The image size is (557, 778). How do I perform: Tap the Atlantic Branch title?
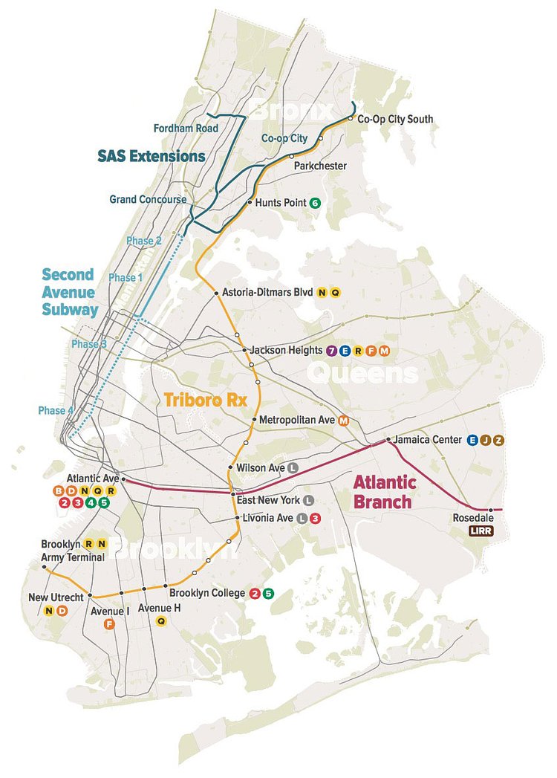tap(385, 492)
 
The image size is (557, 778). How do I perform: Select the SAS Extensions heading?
tap(152, 157)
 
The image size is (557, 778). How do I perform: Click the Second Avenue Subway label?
tap(70, 292)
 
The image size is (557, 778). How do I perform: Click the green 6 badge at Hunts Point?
tap(315, 203)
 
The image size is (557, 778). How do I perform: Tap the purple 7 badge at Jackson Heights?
tap(331, 350)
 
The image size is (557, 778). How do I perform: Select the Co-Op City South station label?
tap(395, 119)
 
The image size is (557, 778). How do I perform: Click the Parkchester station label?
tap(321, 166)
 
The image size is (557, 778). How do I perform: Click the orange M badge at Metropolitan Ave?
tap(343, 420)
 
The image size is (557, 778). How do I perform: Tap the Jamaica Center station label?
tap(427, 440)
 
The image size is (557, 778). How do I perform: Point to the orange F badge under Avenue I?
tap(109, 624)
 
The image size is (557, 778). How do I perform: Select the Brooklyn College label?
tap(207, 593)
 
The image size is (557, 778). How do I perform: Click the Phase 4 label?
tap(53, 411)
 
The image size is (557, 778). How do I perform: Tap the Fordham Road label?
tap(186, 129)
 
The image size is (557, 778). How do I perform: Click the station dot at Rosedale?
tap(490, 510)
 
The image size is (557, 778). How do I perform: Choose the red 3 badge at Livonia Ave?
tap(315, 518)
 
